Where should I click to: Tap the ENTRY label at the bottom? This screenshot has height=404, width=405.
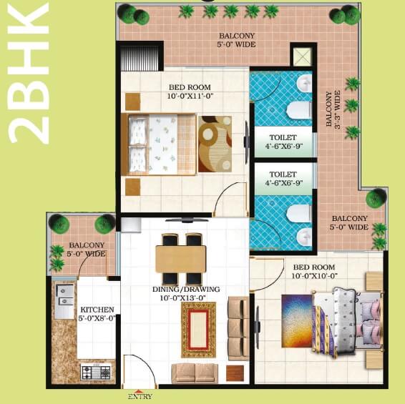point(139,395)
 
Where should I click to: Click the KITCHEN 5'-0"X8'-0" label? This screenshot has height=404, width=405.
point(97,315)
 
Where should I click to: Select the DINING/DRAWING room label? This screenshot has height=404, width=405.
point(186,294)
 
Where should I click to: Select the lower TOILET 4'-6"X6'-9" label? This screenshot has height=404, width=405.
point(283,178)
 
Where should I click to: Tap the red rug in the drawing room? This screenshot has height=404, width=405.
point(198,329)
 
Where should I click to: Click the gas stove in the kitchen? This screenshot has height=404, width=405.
point(95,373)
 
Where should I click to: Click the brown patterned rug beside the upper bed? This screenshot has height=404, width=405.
point(214,143)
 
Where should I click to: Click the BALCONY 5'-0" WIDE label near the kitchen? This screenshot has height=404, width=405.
point(87,249)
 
